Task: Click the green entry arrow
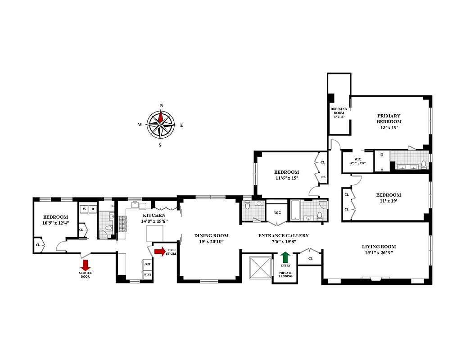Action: (x=285, y=257)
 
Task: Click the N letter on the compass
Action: (x=162, y=106)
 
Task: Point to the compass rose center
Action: (x=162, y=125)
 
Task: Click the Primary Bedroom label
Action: (x=389, y=119)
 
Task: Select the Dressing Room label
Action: (x=338, y=111)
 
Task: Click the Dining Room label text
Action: (x=211, y=235)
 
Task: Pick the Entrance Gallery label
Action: (x=283, y=235)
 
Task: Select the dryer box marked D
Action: (x=93, y=209)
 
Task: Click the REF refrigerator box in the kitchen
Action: (x=147, y=265)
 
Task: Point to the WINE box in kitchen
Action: (x=147, y=274)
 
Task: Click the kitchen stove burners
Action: (x=123, y=224)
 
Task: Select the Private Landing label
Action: (x=285, y=274)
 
